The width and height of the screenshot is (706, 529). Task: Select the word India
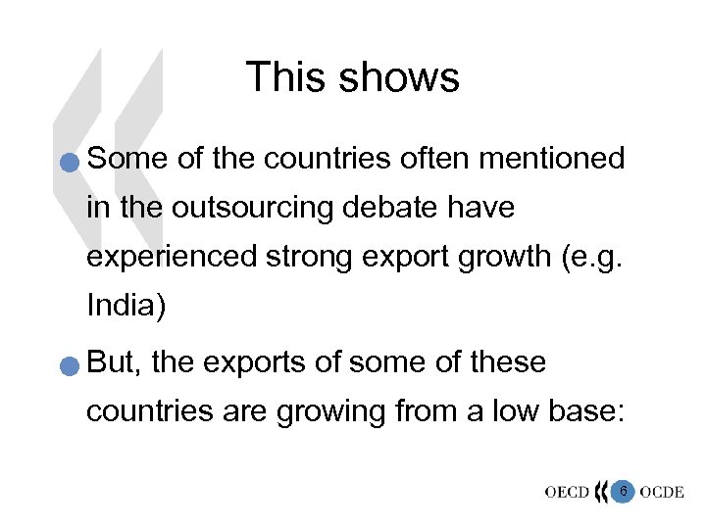pyautogui.click(x=126, y=306)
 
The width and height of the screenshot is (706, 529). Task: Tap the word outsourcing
pyautogui.click(x=257, y=209)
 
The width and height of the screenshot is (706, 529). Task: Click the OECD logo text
pyautogui.click(x=568, y=492)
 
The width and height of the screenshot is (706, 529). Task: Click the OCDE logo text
pyautogui.click(x=662, y=492)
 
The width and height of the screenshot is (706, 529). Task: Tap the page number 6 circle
pyautogui.click(x=622, y=489)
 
